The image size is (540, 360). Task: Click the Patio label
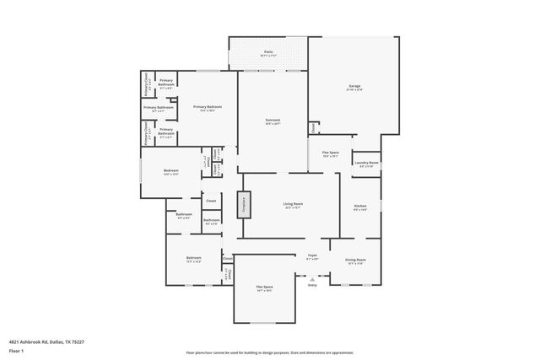[x=268, y=52]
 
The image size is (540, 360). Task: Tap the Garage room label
[x=354, y=86]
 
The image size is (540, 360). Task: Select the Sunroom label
[x=272, y=120]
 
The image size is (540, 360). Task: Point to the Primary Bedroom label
[x=208, y=107]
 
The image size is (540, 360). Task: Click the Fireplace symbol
[x=245, y=204]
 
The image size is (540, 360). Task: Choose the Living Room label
[x=293, y=204]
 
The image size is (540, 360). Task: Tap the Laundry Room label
[x=366, y=163]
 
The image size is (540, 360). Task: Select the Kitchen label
[x=359, y=207]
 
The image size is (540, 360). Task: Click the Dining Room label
[x=356, y=260]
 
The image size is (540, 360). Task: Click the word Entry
[x=312, y=285]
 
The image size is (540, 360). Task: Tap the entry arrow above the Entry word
[x=312, y=277]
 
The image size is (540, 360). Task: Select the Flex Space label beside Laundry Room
[x=330, y=153]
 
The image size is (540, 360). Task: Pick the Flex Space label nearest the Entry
[x=264, y=287]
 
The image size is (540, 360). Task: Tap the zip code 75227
[x=79, y=341]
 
